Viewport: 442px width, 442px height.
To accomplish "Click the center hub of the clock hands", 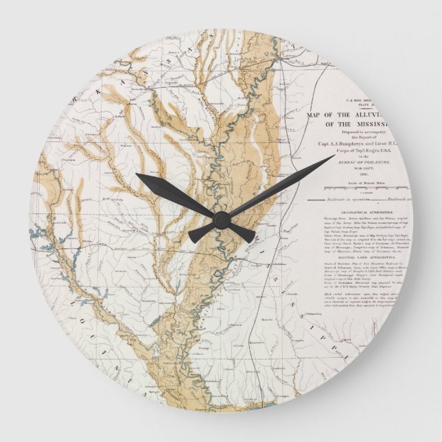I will click(x=221, y=220).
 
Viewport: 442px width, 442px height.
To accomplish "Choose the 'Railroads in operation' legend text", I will click(x=365, y=202).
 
